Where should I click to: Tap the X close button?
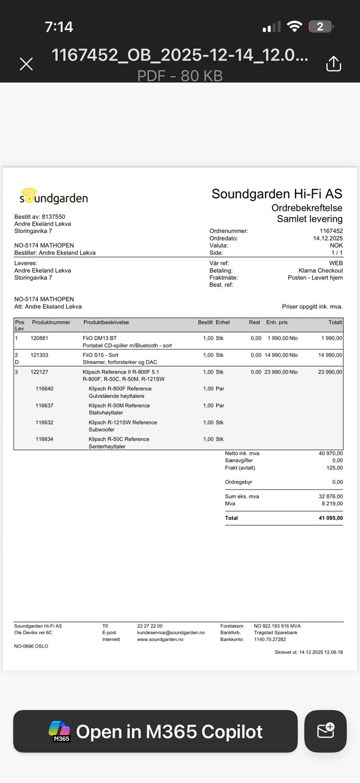pos(26,64)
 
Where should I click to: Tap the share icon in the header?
pos(334,64)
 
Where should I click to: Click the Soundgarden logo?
pos(54,197)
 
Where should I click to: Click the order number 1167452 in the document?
pos(331,231)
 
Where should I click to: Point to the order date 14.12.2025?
pos(328,238)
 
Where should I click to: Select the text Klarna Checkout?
pos(320,270)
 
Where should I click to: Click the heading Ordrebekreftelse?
pos(307,208)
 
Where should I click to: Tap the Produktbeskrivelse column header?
pos(106,322)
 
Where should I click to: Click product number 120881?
pos(39,338)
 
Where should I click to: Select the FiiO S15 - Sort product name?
pos(100,355)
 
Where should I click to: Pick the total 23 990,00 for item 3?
pos(330,372)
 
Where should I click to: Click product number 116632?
pos(45,422)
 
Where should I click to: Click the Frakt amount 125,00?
pos(335,468)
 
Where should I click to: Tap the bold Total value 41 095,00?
pos(331,518)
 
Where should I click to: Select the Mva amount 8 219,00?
pos(332,504)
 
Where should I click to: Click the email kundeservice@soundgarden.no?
pos(171,632)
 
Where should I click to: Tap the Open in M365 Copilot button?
pos(156,731)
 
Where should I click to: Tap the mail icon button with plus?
pos(325,731)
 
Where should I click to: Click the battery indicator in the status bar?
pos(320,26)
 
